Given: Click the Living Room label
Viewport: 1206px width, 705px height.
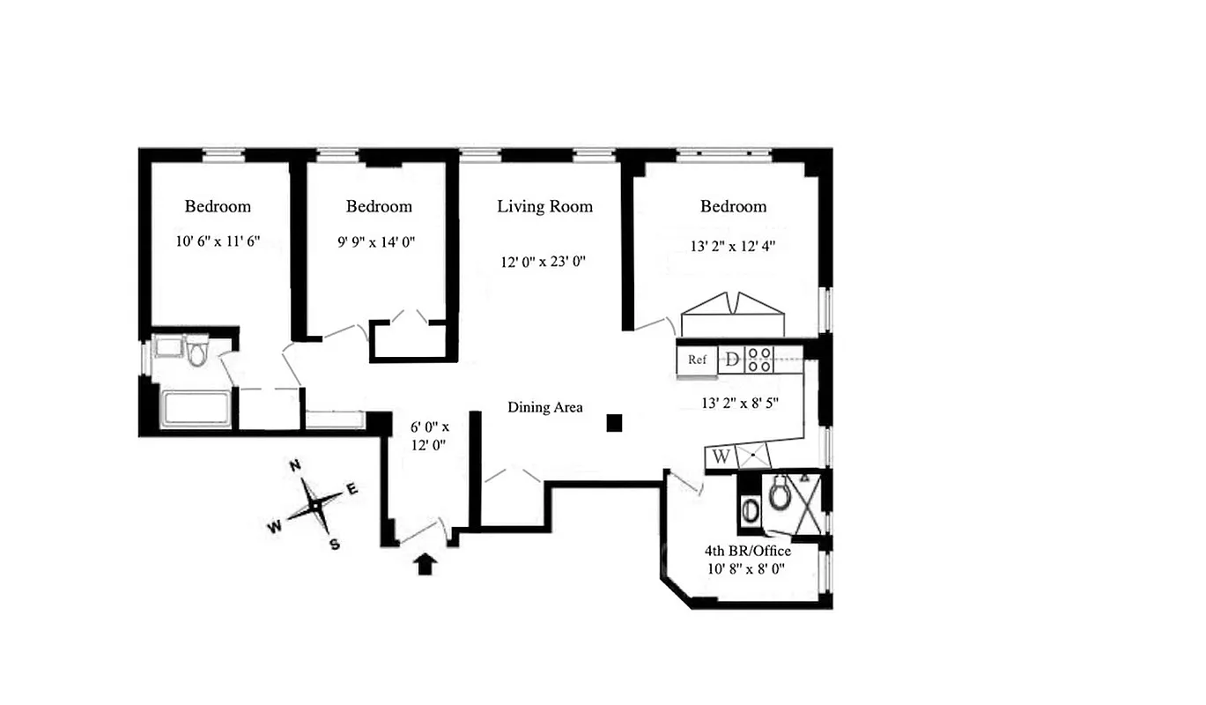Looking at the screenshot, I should click(x=544, y=206).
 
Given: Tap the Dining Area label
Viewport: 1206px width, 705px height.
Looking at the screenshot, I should click(x=544, y=407).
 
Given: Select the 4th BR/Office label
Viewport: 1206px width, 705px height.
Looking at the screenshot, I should click(x=747, y=551).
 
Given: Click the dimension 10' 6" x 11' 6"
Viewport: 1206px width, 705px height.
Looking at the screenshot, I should click(x=218, y=241).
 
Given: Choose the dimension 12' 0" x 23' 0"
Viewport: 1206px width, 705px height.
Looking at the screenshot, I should click(x=544, y=261).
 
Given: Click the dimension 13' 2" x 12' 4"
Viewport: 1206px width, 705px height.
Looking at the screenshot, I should click(x=733, y=246).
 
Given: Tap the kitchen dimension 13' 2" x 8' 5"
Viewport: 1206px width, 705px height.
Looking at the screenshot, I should click(x=738, y=404).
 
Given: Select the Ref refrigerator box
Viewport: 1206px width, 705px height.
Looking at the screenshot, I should click(x=697, y=360).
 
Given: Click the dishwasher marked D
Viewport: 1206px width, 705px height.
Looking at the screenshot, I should click(x=732, y=360).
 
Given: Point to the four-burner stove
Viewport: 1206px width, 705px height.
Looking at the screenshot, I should click(x=760, y=360).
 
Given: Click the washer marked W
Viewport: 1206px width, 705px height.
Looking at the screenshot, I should click(x=721, y=456).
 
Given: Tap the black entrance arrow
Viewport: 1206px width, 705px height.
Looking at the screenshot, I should click(x=425, y=564).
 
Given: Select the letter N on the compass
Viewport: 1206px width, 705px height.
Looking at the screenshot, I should click(x=297, y=465).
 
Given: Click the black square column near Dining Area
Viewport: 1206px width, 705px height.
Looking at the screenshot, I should click(x=615, y=424).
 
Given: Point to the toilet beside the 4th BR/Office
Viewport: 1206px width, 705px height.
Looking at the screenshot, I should click(x=780, y=494).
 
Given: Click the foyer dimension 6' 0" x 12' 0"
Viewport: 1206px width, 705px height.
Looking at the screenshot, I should click(x=429, y=436).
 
